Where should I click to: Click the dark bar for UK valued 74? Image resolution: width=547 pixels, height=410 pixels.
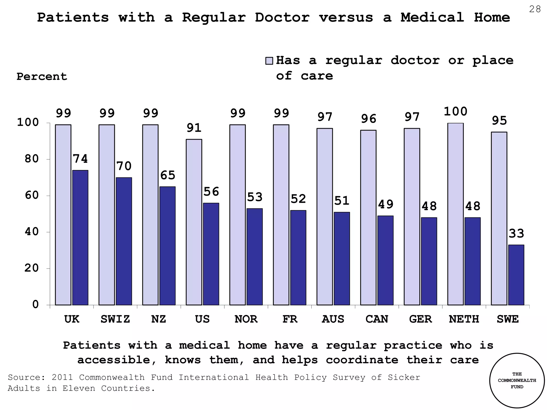click(x=80, y=238)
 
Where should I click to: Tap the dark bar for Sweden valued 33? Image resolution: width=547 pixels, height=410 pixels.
click(x=516, y=275)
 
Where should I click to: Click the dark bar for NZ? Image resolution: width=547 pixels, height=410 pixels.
click(x=167, y=246)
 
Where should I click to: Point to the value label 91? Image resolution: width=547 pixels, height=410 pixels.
click(x=194, y=128)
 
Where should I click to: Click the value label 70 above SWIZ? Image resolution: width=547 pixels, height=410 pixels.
click(x=124, y=166)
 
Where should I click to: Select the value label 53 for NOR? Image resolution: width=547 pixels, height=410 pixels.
click(x=255, y=197)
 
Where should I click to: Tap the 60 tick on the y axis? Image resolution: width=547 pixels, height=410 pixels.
click(x=32, y=195)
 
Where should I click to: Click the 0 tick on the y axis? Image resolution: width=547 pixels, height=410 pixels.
click(x=36, y=305)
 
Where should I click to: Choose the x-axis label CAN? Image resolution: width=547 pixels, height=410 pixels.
click(x=377, y=319)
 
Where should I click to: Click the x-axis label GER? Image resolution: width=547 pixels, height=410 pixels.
click(x=420, y=319)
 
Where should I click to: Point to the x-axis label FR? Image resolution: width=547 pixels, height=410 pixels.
click(x=290, y=319)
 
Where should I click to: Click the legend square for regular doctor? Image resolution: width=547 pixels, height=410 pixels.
click(x=269, y=61)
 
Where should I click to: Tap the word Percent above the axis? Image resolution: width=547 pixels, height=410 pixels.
click(x=42, y=77)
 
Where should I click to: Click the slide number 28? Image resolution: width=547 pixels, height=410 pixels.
click(x=535, y=10)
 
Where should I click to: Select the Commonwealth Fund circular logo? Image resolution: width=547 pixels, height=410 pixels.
click(x=517, y=380)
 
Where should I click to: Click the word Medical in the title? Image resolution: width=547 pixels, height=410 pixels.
click(x=432, y=18)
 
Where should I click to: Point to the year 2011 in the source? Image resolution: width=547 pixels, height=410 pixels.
click(x=62, y=377)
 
